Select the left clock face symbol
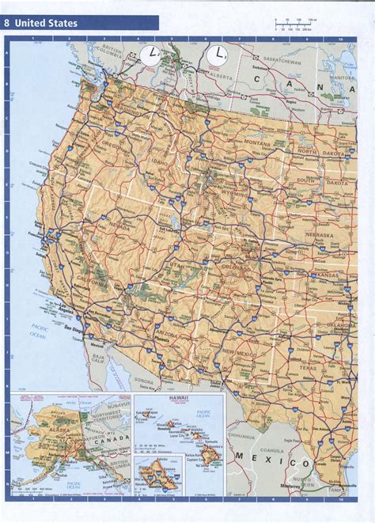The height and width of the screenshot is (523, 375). (148, 55)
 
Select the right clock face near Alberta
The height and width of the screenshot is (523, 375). (215, 55)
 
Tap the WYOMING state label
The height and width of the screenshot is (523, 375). (254, 192)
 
